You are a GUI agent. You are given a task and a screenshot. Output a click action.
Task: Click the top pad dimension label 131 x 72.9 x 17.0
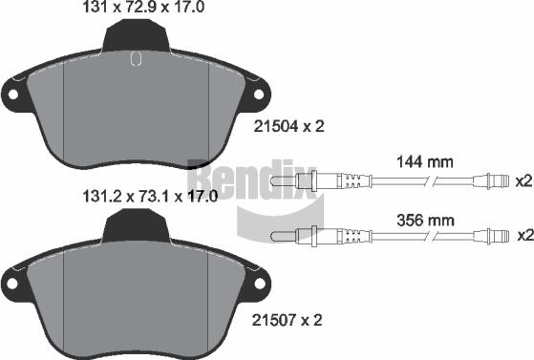tap(143, 7)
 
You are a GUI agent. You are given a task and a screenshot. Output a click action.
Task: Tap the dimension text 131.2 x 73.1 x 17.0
tap(150, 197)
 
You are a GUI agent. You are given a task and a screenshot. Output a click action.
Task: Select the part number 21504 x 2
tap(289, 127)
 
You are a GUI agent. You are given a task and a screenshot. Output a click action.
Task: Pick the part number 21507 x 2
tap(287, 320)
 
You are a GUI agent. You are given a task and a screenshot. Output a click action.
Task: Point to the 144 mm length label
tap(425, 162)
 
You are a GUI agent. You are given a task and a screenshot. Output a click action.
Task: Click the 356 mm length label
tap(425, 221)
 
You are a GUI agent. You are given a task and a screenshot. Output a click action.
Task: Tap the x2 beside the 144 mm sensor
tap(523, 181)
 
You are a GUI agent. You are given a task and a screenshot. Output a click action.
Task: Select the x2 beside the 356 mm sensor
tap(525, 235)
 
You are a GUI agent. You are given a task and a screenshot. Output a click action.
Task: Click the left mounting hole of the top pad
tap(13, 95)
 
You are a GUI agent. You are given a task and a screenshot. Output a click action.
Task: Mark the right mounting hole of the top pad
tap(259, 95)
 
